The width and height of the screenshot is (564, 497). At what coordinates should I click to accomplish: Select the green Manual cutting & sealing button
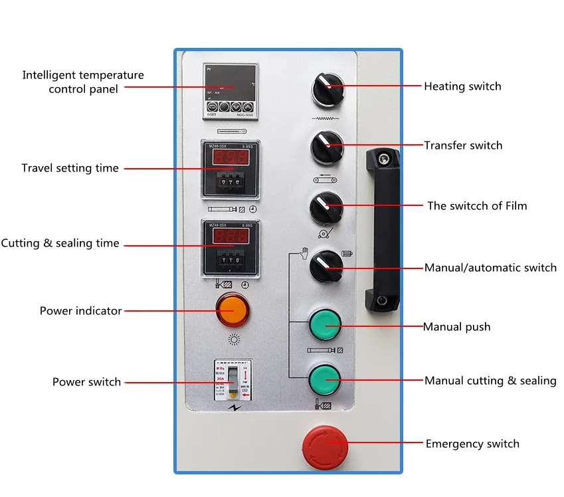click(325, 379)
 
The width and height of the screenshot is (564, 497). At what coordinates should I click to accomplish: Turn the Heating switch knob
click(326, 88)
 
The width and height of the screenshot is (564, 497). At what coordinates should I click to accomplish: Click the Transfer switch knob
click(326, 147)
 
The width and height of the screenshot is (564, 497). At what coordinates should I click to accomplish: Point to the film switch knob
click(326, 207)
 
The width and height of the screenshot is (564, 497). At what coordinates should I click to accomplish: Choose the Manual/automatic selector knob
click(326, 267)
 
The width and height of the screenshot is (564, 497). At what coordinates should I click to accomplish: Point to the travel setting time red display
click(230, 157)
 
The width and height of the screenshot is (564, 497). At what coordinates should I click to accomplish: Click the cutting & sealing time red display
click(230, 237)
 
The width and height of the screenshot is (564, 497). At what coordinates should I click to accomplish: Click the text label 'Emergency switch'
click(472, 444)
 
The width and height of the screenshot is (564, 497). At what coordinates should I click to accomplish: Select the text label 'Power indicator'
click(80, 310)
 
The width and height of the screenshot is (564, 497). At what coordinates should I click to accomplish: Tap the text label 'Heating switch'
click(462, 86)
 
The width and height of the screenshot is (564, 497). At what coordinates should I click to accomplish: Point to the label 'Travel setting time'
click(70, 168)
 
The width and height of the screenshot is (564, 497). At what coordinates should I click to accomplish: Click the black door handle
click(383, 229)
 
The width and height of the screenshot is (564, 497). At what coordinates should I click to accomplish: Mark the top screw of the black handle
click(383, 158)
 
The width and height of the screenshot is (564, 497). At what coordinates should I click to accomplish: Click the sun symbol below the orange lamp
click(233, 340)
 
